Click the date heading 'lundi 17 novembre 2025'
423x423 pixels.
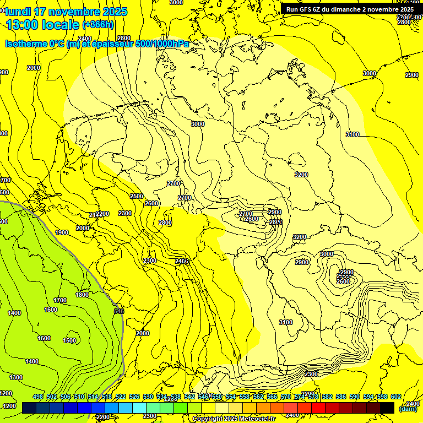coord(66,12)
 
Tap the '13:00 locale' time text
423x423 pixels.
coord(43,24)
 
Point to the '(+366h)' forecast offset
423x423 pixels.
coord(98,25)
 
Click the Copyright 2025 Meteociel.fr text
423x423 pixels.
coord(234,419)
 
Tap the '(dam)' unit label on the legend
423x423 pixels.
coord(408,409)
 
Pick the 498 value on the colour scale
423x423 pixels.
coord(38,397)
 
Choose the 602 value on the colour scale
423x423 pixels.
coord(396,397)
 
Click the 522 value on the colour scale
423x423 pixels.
coord(121,397)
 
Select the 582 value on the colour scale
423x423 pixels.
coord(327,397)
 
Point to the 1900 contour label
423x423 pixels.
coord(62,233)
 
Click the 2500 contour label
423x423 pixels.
coord(137,197)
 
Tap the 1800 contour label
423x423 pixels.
coord(82,295)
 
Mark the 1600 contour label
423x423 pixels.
coord(51,310)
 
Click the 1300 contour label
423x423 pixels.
coord(17,377)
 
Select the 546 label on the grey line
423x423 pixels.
coord(119,311)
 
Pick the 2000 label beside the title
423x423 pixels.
coord(34,68)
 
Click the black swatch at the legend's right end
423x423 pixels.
coord(387,408)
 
